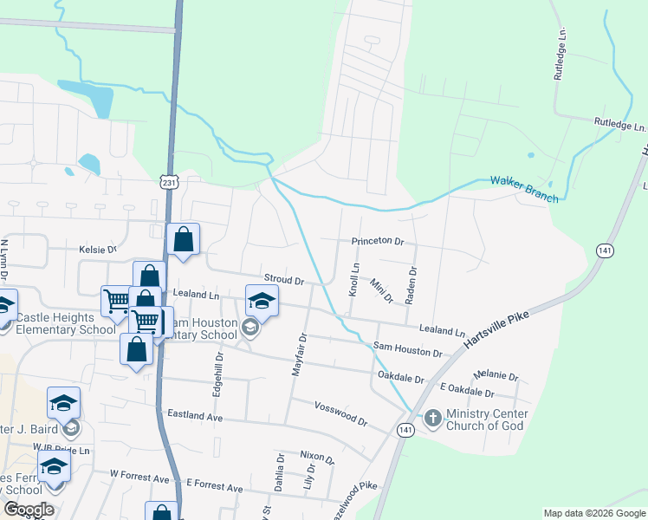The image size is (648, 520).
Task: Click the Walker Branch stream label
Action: click(x=524, y=189)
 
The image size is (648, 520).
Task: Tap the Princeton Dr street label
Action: click(x=378, y=241)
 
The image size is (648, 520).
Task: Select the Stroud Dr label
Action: click(x=284, y=281)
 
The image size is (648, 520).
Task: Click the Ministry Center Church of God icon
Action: click(x=432, y=419)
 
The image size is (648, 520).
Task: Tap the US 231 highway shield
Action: click(x=169, y=182)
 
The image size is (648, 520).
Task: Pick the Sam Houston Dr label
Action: click(x=407, y=349)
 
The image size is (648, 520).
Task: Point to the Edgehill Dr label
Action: click(x=219, y=373)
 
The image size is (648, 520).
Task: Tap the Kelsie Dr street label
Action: click(x=97, y=250)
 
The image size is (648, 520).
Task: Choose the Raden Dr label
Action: click(x=412, y=283)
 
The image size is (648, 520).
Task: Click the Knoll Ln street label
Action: click(x=353, y=281)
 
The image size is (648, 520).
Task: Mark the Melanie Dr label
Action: click(x=496, y=376)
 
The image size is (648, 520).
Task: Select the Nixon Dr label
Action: click(x=316, y=456)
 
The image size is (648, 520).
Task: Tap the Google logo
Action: click(x=29, y=510)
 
